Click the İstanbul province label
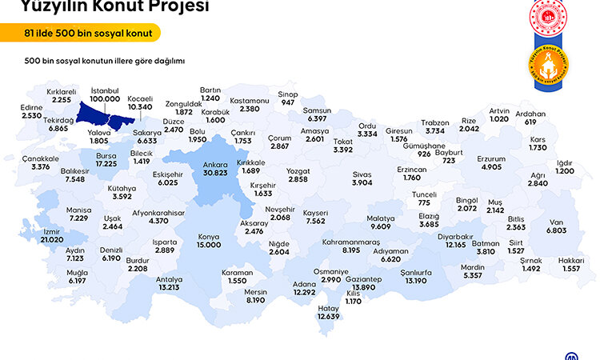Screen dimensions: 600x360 106,90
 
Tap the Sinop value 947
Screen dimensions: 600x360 287,103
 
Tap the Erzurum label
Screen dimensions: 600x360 491,158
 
